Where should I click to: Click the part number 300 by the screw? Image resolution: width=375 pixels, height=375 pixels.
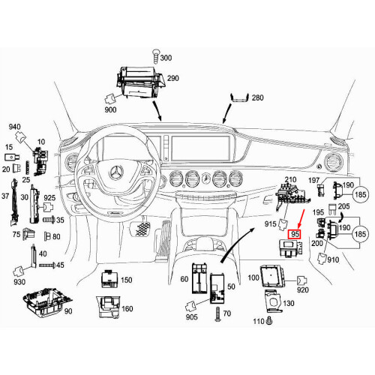(166, 58)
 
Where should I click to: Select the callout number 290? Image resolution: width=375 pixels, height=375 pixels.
(172, 78)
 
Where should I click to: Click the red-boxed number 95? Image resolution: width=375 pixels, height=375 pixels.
(295, 235)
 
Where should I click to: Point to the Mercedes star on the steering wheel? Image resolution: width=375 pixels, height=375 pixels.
(116, 174)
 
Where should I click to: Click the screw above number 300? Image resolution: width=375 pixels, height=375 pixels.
(155, 52)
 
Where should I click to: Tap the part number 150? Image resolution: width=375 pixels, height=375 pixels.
(126, 280)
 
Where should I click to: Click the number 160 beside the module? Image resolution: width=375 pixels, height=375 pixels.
(127, 308)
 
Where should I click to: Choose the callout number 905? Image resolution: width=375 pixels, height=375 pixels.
(193, 318)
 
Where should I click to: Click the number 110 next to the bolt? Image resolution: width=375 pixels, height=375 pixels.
(258, 322)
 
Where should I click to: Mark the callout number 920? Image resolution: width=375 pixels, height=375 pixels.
(302, 289)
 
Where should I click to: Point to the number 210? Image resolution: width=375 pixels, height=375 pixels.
(290, 181)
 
